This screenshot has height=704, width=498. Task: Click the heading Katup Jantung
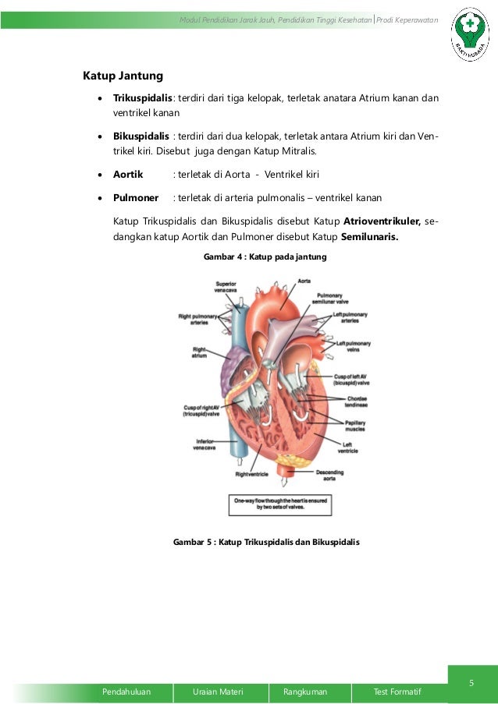[x=123, y=76]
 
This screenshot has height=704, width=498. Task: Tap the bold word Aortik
[x=128, y=174]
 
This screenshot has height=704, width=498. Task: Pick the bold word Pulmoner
[x=136, y=198]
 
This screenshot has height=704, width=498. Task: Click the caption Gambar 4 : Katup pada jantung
[x=265, y=256]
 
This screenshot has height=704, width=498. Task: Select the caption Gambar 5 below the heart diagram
[x=266, y=542]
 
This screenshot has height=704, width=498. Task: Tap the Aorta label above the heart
[x=284, y=278]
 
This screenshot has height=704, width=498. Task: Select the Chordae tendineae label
[x=358, y=402]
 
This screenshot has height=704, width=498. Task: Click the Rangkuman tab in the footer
[x=305, y=692]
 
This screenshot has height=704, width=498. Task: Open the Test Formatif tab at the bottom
[x=397, y=692]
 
